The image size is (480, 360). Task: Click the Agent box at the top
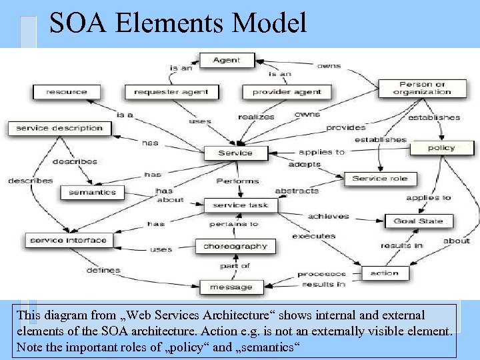coord(227,61)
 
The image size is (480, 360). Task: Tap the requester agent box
coord(171,92)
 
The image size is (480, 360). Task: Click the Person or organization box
coord(421,88)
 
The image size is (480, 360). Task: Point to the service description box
coord(60,127)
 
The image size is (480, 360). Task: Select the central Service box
coord(235,153)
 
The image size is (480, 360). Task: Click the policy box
coord(441,148)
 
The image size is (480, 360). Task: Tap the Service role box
coord(379,178)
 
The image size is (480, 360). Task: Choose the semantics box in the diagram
coord(92,192)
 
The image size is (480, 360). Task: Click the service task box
coord(240,205)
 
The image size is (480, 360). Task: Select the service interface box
coord(67,240)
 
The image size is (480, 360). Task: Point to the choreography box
coord(235,246)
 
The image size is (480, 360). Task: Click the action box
coord(385,273)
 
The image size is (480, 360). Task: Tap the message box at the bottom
coord(231,287)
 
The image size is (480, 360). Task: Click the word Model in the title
coord(269,23)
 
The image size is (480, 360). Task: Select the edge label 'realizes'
coord(256,117)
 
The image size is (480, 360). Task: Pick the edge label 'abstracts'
coord(297,191)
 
